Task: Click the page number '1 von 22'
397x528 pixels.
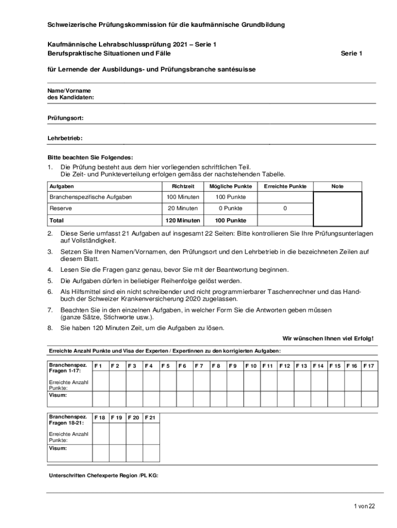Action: pyautogui.click(x=365, y=506)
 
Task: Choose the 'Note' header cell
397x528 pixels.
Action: pyautogui.click(x=337, y=186)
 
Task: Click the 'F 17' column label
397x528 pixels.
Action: pyautogui.click(x=369, y=366)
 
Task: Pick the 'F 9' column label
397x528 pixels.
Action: pyautogui.click(x=233, y=366)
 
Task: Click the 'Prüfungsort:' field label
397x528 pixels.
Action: pyautogui.click(x=66, y=118)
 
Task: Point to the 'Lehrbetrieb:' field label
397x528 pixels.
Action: pyautogui.click(x=65, y=138)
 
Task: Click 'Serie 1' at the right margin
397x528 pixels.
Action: pyautogui.click(x=352, y=53)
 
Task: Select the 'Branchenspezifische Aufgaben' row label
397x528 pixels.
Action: pyautogui.click(x=91, y=197)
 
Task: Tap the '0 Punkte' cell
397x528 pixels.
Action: pyautogui.click(x=231, y=208)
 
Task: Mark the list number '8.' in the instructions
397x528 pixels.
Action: pyautogui.click(x=51, y=328)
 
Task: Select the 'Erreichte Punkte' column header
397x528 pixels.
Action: pyautogui.click(x=285, y=186)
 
